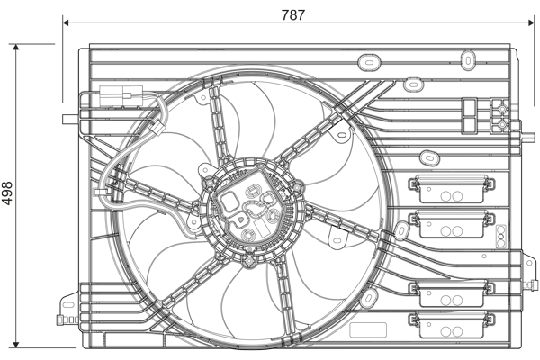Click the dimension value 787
tap(293, 14)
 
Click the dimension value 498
tap(7, 193)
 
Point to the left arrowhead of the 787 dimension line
tap(66, 22)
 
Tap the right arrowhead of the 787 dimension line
tap(531, 22)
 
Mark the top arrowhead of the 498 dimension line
tap(16, 48)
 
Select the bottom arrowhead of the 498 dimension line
tap(16, 344)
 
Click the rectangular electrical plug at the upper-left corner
tap(121, 95)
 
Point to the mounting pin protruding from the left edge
tap(70, 119)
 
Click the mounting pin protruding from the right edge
tap(526, 138)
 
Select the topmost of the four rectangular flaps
tap(452, 188)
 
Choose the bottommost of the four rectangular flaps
tap(452, 325)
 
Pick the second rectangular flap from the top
tap(452, 224)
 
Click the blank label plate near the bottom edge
tap(368, 330)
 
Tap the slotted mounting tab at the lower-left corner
tap(68, 304)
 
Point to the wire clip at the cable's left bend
tap(102, 192)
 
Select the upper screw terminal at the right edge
tap(502, 109)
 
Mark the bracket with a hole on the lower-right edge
tap(529, 265)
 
